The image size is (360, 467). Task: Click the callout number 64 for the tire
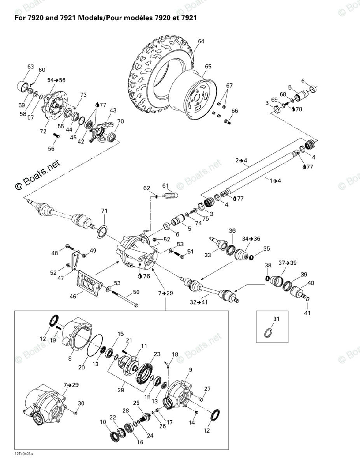point(201,41)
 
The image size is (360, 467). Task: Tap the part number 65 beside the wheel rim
point(208,67)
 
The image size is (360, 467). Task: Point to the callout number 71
point(104,211)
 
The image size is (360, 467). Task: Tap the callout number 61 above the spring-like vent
point(166,185)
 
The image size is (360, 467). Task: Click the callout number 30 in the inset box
point(81,403)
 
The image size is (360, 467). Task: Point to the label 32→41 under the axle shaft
point(199,302)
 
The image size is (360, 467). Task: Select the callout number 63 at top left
point(31,67)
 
